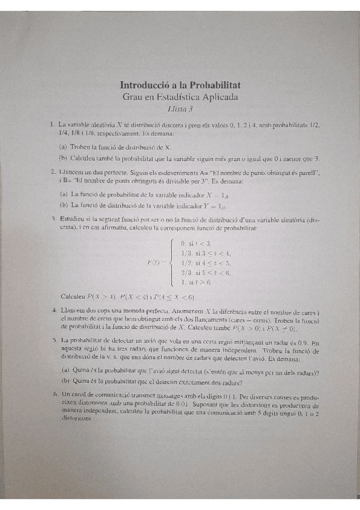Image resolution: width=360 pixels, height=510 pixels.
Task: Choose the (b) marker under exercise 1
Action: [63, 158]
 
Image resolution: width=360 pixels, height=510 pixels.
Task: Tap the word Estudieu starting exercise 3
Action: [75, 220]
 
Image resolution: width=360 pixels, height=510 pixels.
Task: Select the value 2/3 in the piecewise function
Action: [186, 272]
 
